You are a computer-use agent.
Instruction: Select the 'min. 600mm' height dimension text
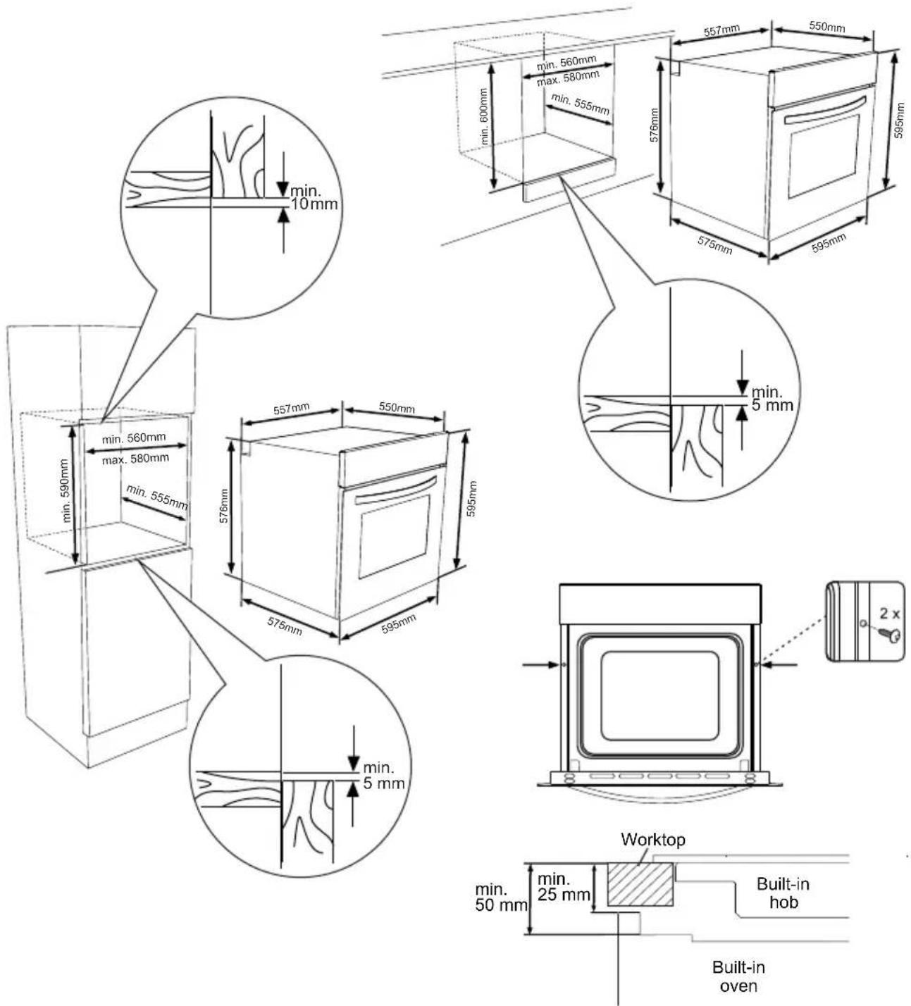click(x=484, y=116)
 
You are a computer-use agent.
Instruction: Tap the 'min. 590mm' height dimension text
click(x=65, y=490)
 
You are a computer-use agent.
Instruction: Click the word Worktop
click(x=652, y=840)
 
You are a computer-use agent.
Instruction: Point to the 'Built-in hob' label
click(x=783, y=893)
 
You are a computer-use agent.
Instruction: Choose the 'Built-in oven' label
click(x=738, y=976)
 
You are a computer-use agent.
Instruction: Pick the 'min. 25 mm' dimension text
click(x=564, y=887)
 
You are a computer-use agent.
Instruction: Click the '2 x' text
click(x=889, y=614)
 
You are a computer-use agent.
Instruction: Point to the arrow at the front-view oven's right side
click(x=780, y=664)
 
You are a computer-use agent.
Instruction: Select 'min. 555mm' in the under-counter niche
click(x=581, y=104)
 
